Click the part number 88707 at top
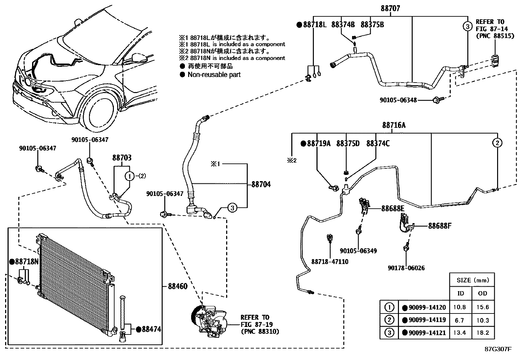pos(390,9)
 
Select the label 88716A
pos(394,125)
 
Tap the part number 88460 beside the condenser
pos(178,286)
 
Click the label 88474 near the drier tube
pos(151,329)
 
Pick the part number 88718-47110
pos(330,262)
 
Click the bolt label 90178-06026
pos(406,268)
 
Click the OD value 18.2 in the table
pos(483,333)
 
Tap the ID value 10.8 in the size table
pos(460,307)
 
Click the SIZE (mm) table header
pos(472,280)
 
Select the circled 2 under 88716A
pos(497,143)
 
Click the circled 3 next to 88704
pos(232,208)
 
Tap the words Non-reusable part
pos(214,75)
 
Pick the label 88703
pos(122,158)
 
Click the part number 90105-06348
pos(398,100)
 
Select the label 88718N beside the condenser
pos(27,262)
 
